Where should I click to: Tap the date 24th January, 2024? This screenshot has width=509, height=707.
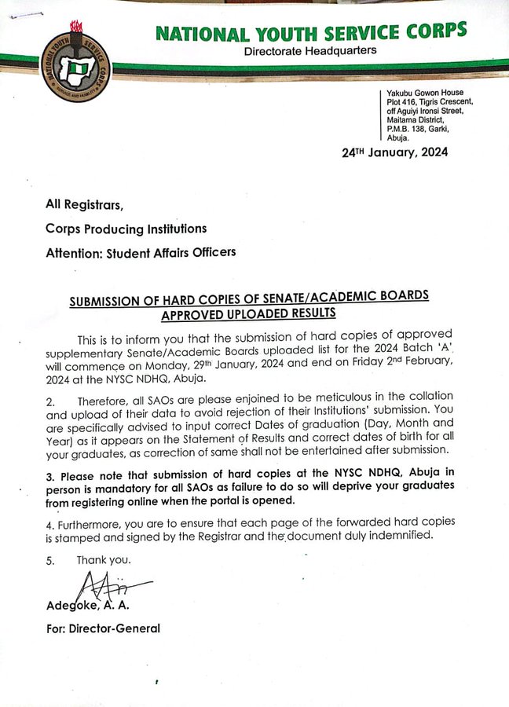pyautogui.click(x=395, y=152)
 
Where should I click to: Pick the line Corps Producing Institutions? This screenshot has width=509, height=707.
pyautogui.click(x=126, y=229)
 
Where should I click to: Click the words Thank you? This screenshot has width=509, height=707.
pyautogui.click(x=104, y=560)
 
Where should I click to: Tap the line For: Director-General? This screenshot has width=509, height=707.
pyautogui.click(x=103, y=628)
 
